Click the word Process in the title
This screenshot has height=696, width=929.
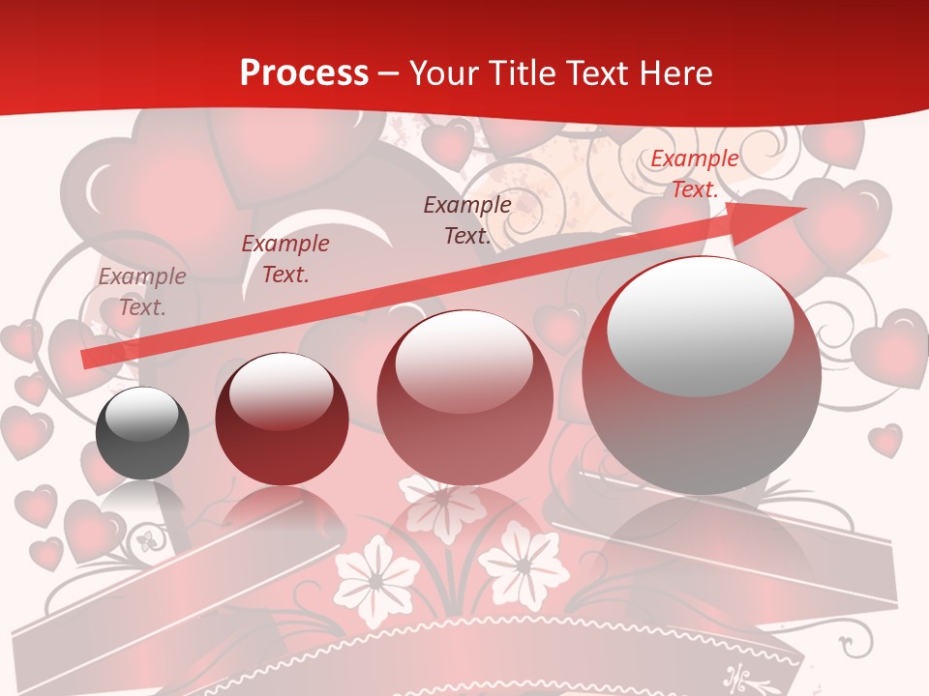(304, 73)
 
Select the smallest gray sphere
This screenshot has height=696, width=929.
(142, 433)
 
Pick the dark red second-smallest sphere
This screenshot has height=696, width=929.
(282, 419)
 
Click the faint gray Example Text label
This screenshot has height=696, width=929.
(142, 292)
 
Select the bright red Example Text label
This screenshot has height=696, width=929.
(694, 174)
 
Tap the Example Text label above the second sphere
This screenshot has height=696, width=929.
(285, 259)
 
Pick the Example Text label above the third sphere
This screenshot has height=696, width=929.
(467, 219)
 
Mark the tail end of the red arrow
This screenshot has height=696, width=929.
(85, 359)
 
